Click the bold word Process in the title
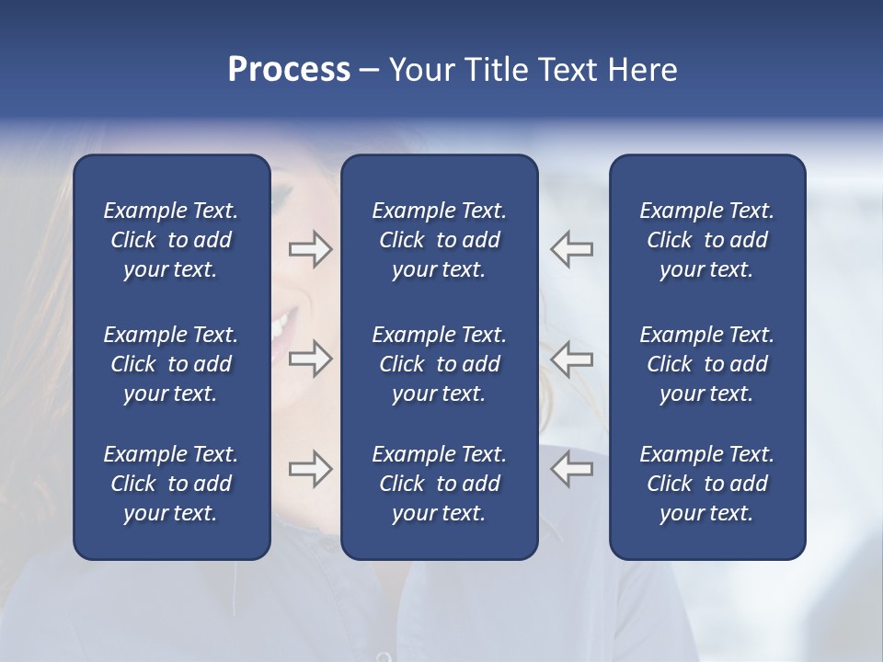[x=289, y=70]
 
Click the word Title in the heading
[x=497, y=70]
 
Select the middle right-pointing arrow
[x=310, y=359]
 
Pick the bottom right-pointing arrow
[x=310, y=469]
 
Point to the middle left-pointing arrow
[x=572, y=359]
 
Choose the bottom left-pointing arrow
[x=572, y=469]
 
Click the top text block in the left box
[x=171, y=240]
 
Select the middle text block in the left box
[x=171, y=364]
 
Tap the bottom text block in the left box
[x=171, y=484]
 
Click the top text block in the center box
[x=440, y=240]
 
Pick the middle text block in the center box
[x=440, y=364]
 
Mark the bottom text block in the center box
[x=440, y=484]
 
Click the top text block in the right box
[x=707, y=240]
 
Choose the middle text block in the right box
[x=707, y=364]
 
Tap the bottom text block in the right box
[x=707, y=484]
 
